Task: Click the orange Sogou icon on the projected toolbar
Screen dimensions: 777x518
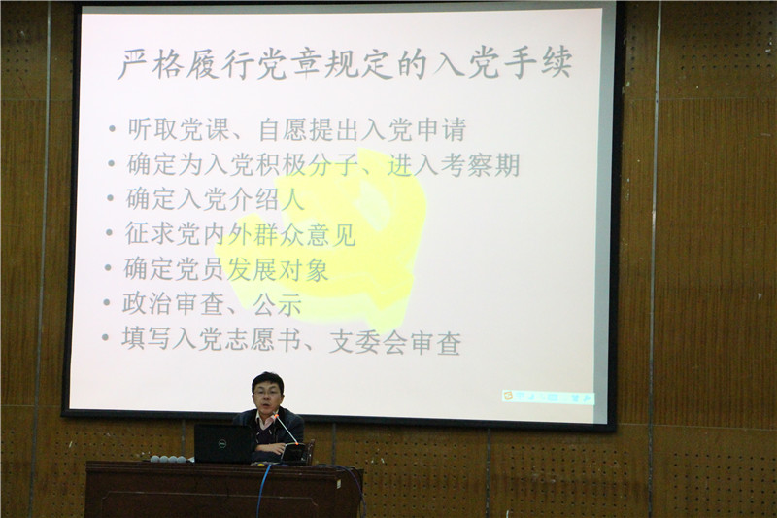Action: tap(507, 396)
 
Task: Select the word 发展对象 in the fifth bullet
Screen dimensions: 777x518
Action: tap(278, 268)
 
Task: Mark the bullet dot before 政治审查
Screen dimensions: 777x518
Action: tap(107, 302)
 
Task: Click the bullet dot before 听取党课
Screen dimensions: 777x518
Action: tap(113, 130)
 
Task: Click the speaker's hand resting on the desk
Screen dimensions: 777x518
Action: tap(276, 449)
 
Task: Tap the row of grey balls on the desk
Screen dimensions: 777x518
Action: tap(168, 459)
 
